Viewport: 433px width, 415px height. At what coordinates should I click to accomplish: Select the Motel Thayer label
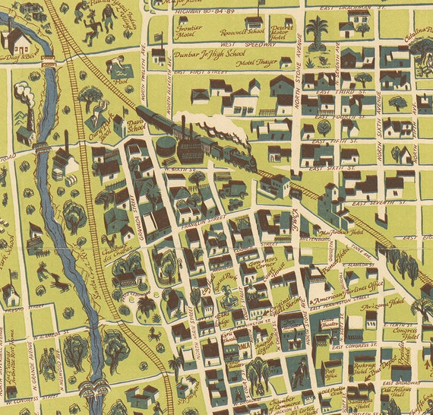click(242, 65)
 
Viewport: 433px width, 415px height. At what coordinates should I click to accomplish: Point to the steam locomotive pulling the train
click(241, 155)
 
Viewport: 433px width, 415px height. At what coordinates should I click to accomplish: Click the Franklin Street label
click(203, 220)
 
